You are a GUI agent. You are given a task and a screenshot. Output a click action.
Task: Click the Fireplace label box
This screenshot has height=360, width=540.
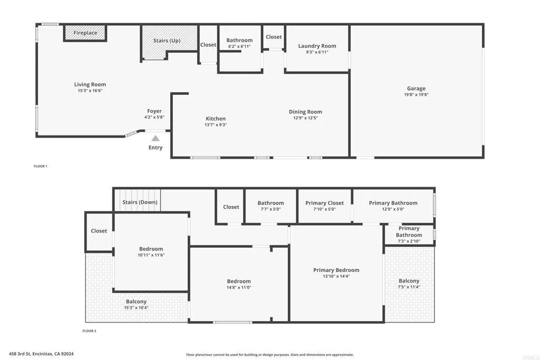[85, 33]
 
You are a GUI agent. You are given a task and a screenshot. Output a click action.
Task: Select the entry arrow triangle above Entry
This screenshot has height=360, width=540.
[156, 138]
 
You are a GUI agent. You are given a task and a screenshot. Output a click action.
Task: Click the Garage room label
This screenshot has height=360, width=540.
[416, 89]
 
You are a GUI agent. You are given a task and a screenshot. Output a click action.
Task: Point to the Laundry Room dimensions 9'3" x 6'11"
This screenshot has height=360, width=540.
[317, 52]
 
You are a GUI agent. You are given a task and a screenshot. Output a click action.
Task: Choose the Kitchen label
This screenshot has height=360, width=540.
[216, 119]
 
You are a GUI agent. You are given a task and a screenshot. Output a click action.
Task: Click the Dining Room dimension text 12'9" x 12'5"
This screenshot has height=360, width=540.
[305, 118]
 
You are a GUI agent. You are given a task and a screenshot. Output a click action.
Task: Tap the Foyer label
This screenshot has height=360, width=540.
[155, 111]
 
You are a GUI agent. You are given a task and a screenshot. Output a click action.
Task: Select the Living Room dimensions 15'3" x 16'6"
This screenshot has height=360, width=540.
[90, 91]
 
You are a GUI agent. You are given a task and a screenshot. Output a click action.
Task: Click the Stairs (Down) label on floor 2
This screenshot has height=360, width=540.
[140, 202]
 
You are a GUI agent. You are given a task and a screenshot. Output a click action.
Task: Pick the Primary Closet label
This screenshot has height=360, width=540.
[324, 203]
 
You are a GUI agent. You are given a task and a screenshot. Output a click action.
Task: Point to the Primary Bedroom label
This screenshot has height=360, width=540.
[336, 270]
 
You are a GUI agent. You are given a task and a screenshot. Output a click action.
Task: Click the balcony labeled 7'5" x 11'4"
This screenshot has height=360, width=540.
[409, 284]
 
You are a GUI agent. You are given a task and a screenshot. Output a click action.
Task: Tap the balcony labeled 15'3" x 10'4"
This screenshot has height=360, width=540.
[136, 304]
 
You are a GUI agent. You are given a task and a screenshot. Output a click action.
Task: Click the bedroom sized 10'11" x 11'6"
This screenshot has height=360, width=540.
[151, 252]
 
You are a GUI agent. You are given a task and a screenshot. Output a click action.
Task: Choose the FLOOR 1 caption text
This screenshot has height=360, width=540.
[41, 166]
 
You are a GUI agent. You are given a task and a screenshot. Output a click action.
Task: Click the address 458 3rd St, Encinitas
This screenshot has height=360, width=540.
[41, 354]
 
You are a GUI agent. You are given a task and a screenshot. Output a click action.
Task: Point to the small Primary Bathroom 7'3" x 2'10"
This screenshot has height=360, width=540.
[409, 235]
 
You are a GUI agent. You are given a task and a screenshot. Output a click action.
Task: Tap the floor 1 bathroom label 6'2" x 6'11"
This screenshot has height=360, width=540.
[239, 43]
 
